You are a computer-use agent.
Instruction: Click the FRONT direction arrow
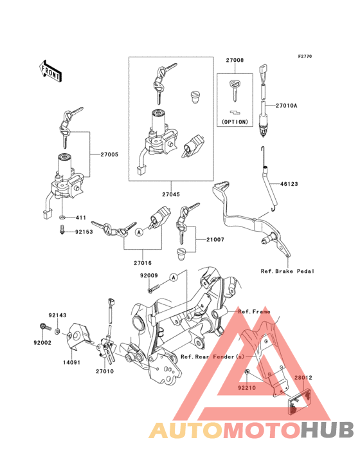(x=50, y=71)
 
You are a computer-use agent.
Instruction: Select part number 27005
(x=109, y=154)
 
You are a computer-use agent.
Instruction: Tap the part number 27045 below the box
(x=171, y=194)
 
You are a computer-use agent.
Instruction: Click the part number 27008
(x=235, y=60)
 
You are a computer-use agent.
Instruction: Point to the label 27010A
(x=287, y=106)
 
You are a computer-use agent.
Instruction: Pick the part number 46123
(x=289, y=184)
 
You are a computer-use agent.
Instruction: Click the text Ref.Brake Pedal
(x=287, y=272)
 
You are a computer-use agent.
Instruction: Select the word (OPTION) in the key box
(x=235, y=122)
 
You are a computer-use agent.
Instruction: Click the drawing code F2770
(x=305, y=56)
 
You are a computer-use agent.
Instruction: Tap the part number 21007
(x=215, y=240)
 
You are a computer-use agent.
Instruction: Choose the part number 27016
(x=143, y=263)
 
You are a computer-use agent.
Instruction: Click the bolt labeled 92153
(x=62, y=230)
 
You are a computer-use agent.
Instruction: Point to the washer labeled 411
(x=62, y=217)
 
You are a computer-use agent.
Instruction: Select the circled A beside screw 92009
(x=174, y=277)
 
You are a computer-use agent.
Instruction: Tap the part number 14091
(x=71, y=362)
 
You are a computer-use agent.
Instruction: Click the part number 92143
(x=58, y=315)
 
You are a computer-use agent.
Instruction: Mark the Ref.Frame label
(x=254, y=312)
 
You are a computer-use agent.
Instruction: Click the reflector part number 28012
(x=303, y=378)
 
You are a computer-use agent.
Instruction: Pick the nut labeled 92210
(x=246, y=373)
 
